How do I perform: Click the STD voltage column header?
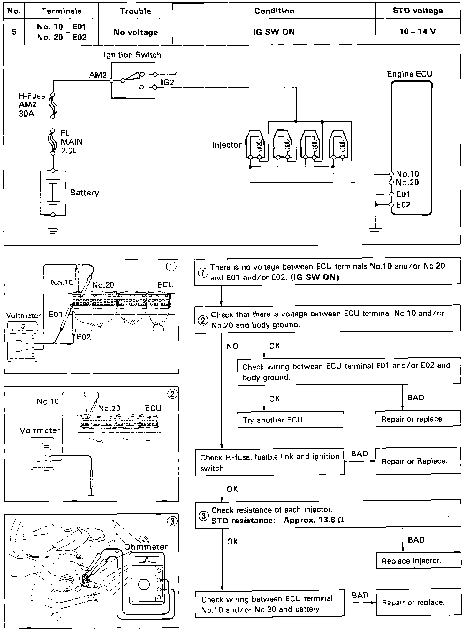click(x=418, y=11)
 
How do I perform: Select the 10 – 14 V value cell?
click(x=418, y=32)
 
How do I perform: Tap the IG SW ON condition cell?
click(x=274, y=32)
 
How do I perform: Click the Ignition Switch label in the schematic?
click(x=133, y=55)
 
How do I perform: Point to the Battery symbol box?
click(x=53, y=193)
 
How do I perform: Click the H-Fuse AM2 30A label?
click(x=31, y=104)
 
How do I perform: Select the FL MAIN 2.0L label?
click(x=72, y=141)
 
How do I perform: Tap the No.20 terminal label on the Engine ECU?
click(x=407, y=182)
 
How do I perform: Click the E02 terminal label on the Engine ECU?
click(x=403, y=205)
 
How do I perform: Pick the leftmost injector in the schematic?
click(x=255, y=145)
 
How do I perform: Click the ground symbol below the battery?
click(x=53, y=231)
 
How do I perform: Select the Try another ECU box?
click(x=291, y=420)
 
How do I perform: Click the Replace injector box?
click(x=418, y=561)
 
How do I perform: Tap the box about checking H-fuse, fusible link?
click(x=269, y=462)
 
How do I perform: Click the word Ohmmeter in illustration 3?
click(x=146, y=547)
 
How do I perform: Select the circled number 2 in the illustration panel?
click(x=172, y=394)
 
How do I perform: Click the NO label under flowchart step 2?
click(x=232, y=346)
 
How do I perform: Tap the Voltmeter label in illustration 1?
click(x=24, y=316)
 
